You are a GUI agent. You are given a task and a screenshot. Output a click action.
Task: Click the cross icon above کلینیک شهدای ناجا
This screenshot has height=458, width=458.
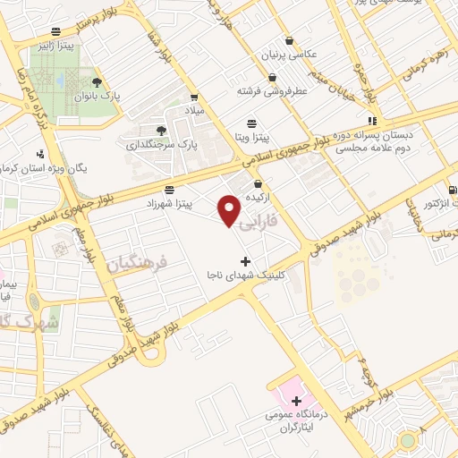coord(246,261)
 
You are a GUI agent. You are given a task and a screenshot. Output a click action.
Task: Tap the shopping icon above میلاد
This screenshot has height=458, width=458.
coord(194,96)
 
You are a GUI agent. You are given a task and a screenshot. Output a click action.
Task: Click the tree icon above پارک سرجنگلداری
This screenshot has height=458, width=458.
coord(161,131)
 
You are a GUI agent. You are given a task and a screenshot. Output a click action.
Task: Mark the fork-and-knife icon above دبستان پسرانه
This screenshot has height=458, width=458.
coord(371,122)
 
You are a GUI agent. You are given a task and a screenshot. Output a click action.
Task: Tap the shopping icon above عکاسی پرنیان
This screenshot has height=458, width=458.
coord(288,40)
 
